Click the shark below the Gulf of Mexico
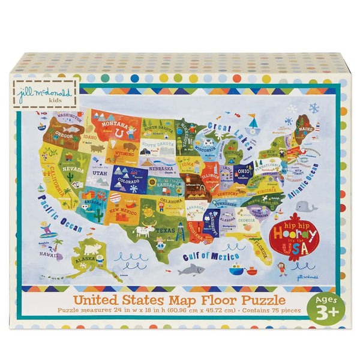[191, 269]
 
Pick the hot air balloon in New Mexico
[115, 198]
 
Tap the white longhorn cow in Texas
[144, 230]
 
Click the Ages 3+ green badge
[324, 308]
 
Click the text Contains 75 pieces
[259, 311]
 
